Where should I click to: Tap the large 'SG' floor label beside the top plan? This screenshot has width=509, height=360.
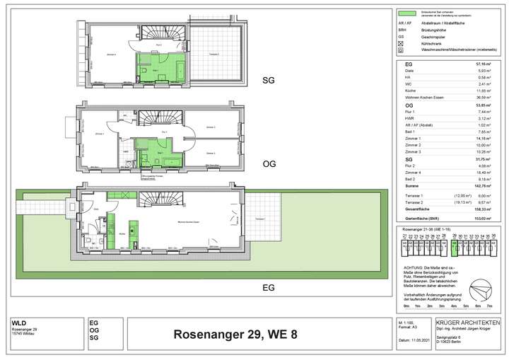tap(267, 79)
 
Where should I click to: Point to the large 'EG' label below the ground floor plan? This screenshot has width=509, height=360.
tap(268, 288)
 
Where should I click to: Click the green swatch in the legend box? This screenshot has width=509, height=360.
tap(406, 13)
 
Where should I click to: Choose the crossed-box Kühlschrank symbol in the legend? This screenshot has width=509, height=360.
tap(401, 43)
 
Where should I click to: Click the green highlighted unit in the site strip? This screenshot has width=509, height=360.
tap(453, 248)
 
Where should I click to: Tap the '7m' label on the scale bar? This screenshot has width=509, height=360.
tap(488, 305)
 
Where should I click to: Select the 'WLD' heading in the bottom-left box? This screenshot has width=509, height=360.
tap(19, 323)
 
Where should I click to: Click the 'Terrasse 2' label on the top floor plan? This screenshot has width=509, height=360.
tap(213, 55)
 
